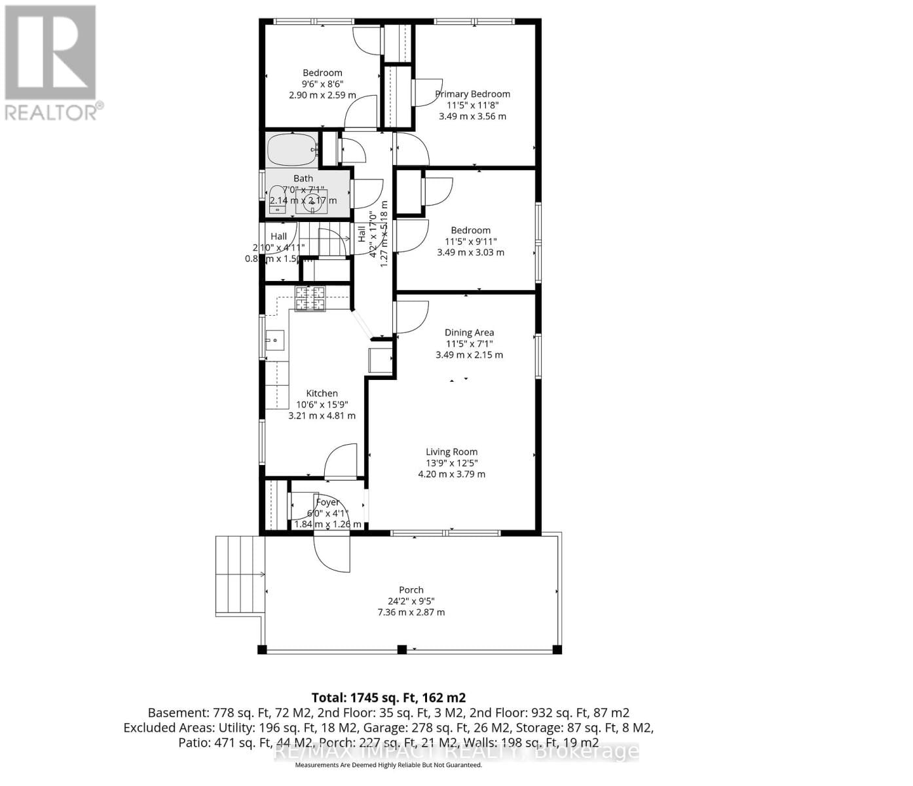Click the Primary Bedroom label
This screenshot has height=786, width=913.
(x=472, y=94)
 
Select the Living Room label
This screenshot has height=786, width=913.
(x=451, y=451)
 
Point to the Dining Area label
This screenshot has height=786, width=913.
(x=469, y=332)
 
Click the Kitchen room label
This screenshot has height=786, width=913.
(x=322, y=393)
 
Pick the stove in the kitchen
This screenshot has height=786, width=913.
(x=310, y=299)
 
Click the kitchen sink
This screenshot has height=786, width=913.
(x=275, y=340)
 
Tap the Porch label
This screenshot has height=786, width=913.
(x=411, y=589)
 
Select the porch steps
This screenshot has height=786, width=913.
(x=240, y=574)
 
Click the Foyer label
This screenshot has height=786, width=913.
(x=327, y=502)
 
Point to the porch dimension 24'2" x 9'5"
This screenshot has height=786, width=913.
(x=411, y=601)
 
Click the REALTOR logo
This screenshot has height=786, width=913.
(x=51, y=62)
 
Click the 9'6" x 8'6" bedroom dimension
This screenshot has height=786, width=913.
(x=322, y=84)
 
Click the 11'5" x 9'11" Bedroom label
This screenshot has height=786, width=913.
(x=470, y=230)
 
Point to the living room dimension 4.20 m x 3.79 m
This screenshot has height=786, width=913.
(x=451, y=474)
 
